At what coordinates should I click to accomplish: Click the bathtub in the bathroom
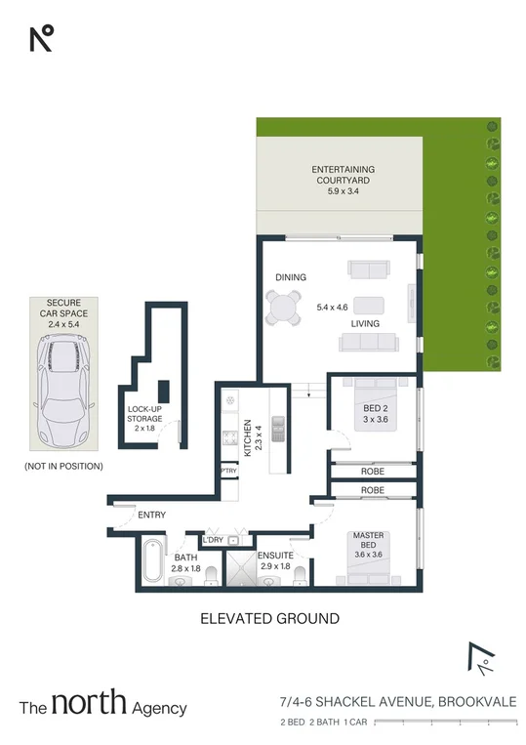click(150, 563)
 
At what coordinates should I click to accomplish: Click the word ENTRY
click(151, 515)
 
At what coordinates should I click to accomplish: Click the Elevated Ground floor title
click(269, 618)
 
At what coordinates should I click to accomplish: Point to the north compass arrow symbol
click(479, 661)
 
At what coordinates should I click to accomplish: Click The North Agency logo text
click(103, 706)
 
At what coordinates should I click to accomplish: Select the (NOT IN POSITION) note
click(63, 467)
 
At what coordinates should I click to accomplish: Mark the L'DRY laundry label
click(213, 540)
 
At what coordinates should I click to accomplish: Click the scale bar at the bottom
click(444, 723)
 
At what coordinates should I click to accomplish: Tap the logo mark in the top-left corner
click(41, 39)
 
